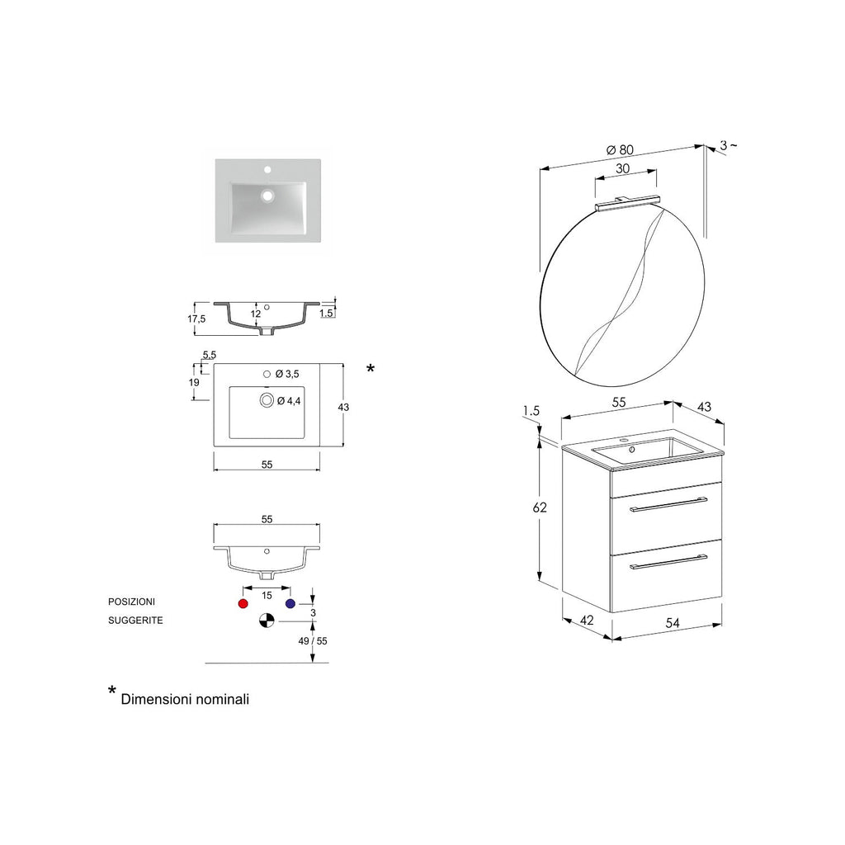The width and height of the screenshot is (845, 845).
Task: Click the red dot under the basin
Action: [243, 604]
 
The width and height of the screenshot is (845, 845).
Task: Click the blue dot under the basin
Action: [290, 604]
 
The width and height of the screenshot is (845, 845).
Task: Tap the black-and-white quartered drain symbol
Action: [265, 621]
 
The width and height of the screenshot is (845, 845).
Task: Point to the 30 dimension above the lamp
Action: [623, 168]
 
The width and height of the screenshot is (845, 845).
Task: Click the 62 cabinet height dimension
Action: [540, 507]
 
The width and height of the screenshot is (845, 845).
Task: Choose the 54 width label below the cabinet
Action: [673, 624]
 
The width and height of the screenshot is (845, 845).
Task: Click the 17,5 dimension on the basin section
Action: [196, 319]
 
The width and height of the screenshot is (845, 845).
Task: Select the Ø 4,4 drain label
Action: [289, 401]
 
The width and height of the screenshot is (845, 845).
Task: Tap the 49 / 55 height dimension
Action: [313, 640]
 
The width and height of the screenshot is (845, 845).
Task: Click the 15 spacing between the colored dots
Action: [267, 595]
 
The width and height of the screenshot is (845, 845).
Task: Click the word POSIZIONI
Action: [131, 602]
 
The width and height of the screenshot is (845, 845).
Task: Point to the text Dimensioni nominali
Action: [185, 699]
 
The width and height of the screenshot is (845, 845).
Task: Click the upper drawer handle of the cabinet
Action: [668, 504]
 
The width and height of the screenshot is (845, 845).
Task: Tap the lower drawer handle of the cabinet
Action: [668, 562]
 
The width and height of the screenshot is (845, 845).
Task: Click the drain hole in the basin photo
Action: [267, 197]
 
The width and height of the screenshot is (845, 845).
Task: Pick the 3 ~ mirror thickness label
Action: [728, 145]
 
